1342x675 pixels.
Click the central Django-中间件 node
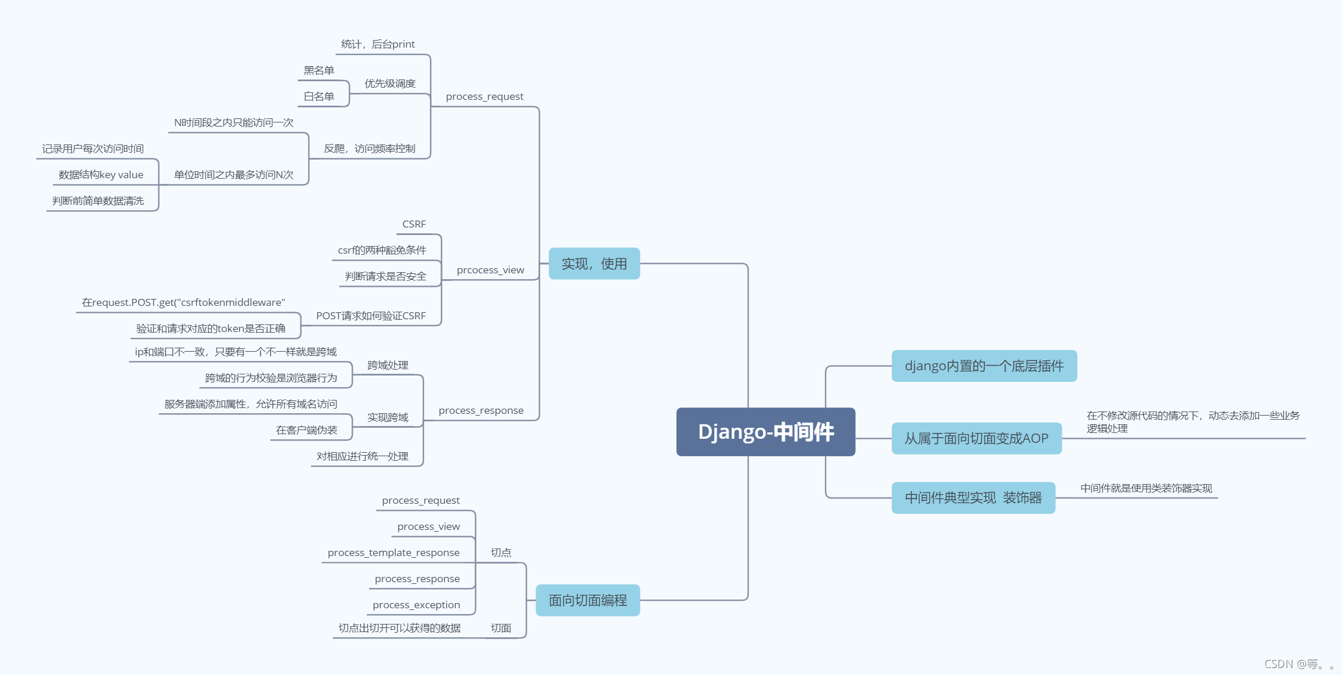click(765, 432)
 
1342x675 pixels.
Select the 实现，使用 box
click(594, 264)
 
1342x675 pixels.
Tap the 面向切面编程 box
click(588, 600)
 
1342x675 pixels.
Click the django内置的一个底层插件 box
click(984, 366)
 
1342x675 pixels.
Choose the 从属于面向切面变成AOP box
click(976, 439)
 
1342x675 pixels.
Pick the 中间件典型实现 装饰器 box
click(973, 498)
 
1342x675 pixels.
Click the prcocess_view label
click(490, 270)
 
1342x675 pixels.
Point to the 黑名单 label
click(319, 70)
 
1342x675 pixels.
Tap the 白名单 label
click(319, 96)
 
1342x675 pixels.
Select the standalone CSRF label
click(414, 224)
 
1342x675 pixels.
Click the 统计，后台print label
click(378, 44)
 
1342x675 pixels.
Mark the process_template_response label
click(393, 553)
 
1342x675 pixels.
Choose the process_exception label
click(416, 605)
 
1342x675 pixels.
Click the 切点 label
click(501, 553)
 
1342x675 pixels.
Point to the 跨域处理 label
click(388, 365)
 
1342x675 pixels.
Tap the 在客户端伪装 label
click(306, 430)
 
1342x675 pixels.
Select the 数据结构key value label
click(101, 175)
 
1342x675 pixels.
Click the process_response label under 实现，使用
click(481, 410)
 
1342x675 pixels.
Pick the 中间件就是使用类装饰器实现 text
click(1146, 488)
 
